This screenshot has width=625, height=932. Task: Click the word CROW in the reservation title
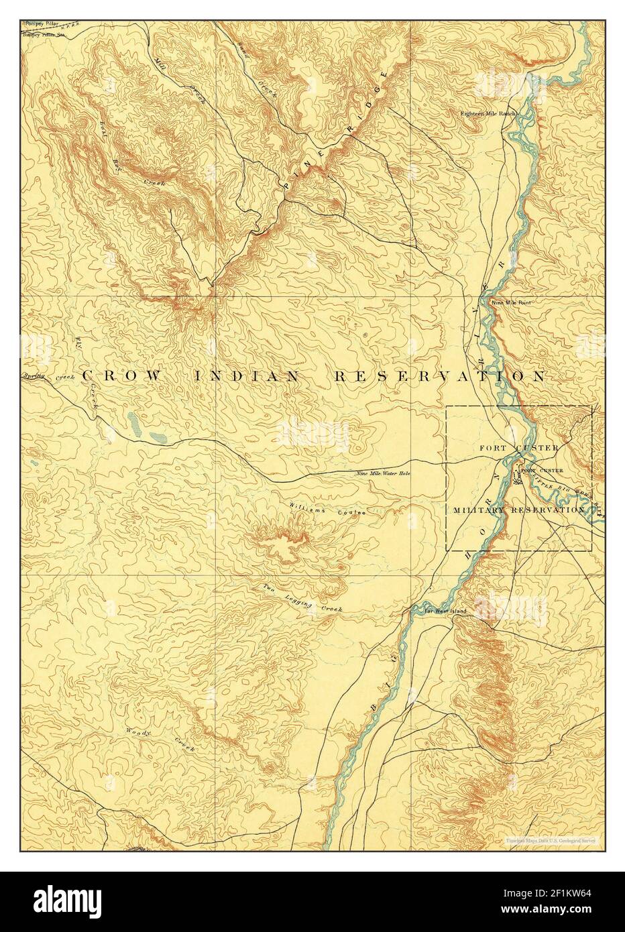pos(121,377)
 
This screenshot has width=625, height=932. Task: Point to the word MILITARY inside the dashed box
pos(480,510)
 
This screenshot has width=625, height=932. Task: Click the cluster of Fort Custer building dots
pos(516,478)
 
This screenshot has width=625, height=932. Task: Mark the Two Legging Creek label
pos(302,598)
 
